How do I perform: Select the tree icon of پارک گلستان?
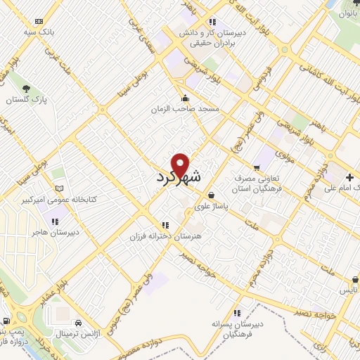coord(26,89)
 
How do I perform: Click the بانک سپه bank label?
coord(38,32)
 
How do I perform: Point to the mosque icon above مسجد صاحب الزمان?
coord(185,98)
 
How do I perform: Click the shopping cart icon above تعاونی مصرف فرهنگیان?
coord(256,167)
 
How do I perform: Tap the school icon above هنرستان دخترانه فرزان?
coord(165,225)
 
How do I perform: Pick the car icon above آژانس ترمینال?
coord(78,321)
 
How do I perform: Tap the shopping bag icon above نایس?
coord(354,279)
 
